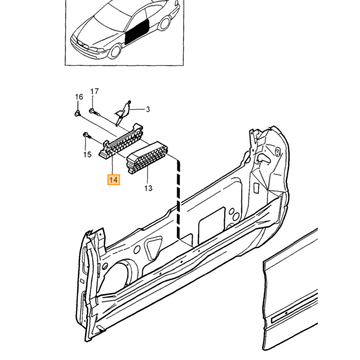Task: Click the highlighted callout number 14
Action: [x=114, y=180]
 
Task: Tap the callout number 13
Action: [x=148, y=188]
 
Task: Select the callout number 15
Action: [x=87, y=154]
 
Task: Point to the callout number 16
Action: [x=79, y=97]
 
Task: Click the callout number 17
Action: [x=94, y=92]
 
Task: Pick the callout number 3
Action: [x=148, y=109]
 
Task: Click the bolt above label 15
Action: [x=87, y=135]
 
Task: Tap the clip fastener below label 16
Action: [x=78, y=113]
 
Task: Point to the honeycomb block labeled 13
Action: [x=148, y=157]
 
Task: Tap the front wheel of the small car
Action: [x=115, y=52]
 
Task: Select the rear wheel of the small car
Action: [x=164, y=23]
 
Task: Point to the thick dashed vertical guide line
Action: [x=178, y=199]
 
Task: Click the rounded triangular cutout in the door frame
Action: [x=154, y=249]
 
